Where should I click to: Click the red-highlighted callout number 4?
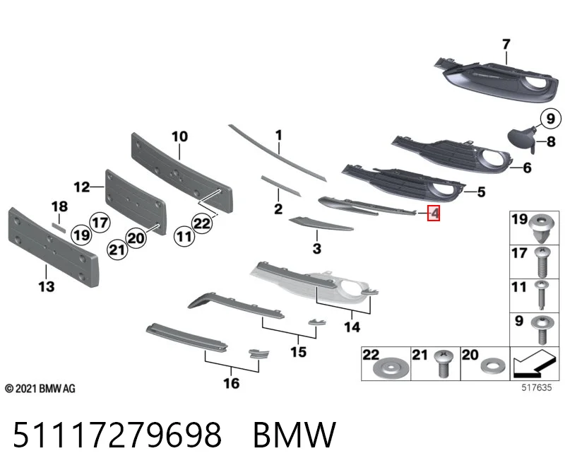pyautogui.click(x=434, y=213)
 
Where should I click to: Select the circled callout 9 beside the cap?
pyautogui.click(x=551, y=119)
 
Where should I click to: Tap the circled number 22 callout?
pyautogui.click(x=202, y=223)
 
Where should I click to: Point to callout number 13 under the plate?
pyautogui.click(x=47, y=287)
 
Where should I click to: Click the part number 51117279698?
pyautogui.click(x=117, y=434)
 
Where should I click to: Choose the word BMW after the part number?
pyautogui.click(x=295, y=434)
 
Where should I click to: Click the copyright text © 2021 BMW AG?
pyautogui.click(x=40, y=389)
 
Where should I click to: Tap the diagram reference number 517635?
pyautogui.click(x=537, y=387)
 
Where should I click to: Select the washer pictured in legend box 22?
pyautogui.click(x=391, y=369)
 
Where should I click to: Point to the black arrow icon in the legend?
pyautogui.click(x=534, y=362)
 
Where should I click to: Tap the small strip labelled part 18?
pyautogui.click(x=59, y=227)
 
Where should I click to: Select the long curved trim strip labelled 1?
pyautogui.click(x=277, y=153)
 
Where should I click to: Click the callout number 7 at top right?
pyautogui.click(x=506, y=45)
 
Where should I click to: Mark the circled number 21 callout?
pyautogui.click(x=117, y=250)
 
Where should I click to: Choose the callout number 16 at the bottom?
pyautogui.click(x=232, y=383)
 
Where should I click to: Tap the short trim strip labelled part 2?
pyautogui.click(x=280, y=186)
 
